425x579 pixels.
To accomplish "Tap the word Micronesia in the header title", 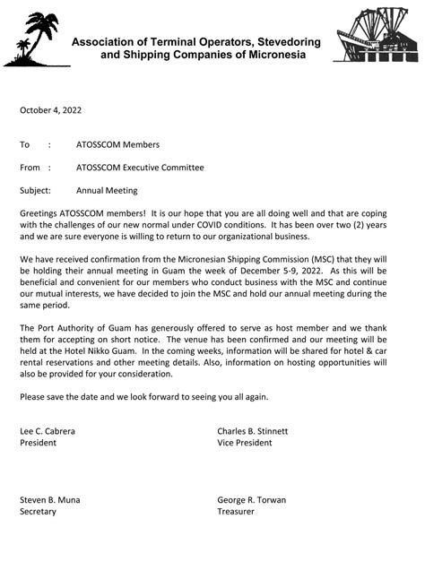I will coord(273,55).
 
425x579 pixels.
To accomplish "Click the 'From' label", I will coord(30,167).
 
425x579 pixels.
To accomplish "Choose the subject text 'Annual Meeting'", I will coord(107,190).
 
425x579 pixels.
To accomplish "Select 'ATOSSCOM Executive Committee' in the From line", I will coord(140,167).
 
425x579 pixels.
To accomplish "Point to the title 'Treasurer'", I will coord(236,511).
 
